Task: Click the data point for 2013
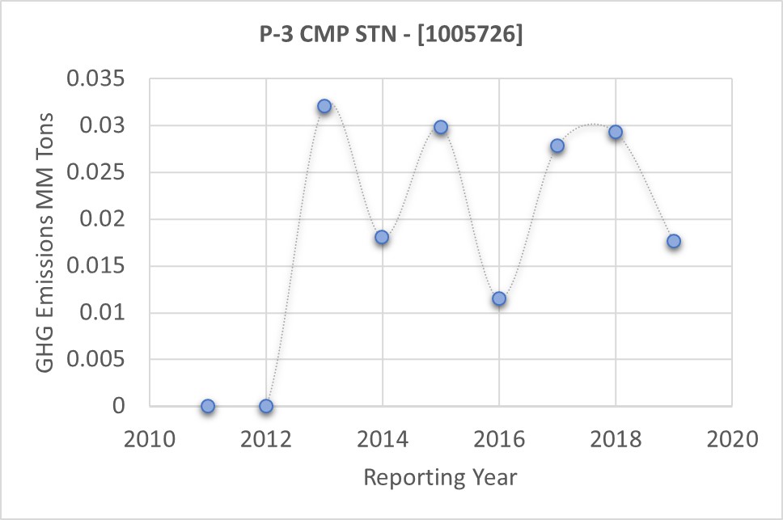[x=324, y=106]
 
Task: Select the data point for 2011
[x=208, y=406]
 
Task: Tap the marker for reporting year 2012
[x=266, y=406]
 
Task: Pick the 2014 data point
[x=382, y=237]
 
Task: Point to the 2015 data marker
[x=441, y=127]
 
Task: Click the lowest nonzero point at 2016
[x=499, y=298]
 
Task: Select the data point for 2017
[x=557, y=146]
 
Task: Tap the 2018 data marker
[x=616, y=132]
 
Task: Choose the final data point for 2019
[x=674, y=241]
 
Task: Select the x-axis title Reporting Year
[x=440, y=477]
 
